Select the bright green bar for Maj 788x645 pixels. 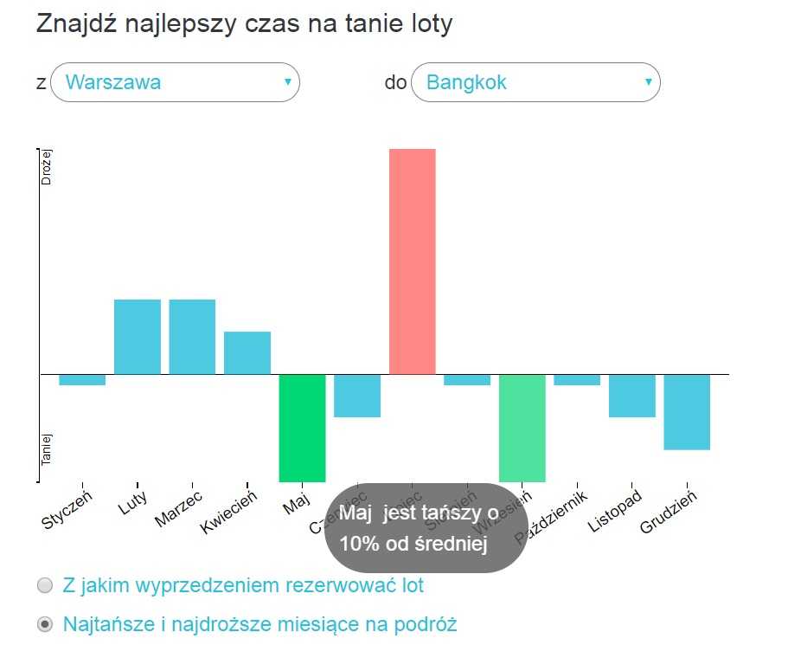click(x=302, y=428)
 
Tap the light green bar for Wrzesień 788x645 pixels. click(x=522, y=428)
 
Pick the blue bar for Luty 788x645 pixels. click(x=138, y=337)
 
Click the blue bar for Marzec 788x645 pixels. click(x=192, y=337)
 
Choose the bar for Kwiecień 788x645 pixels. click(x=247, y=353)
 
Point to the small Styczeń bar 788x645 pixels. click(x=82, y=380)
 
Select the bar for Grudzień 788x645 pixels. click(x=687, y=412)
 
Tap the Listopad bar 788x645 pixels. click(x=632, y=396)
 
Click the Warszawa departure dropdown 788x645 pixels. click(x=175, y=83)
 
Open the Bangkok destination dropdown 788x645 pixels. click(x=535, y=83)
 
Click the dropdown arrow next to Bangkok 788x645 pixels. click(x=648, y=82)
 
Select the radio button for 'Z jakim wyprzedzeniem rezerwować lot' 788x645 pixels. click(x=45, y=586)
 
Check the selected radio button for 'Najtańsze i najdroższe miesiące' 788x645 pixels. click(x=45, y=624)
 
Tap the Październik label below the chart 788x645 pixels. click(x=552, y=517)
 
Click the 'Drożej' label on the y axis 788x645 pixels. click(x=48, y=165)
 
